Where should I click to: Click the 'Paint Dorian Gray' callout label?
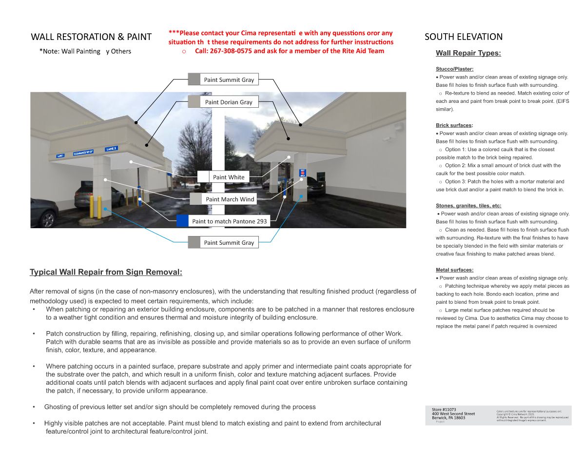(229, 102)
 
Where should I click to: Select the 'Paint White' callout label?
(229, 177)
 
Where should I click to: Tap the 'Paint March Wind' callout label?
(230, 199)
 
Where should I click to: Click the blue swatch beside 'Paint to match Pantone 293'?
(182, 221)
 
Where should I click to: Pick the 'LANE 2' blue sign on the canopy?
(111, 149)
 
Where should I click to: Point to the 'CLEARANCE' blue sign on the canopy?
(83, 153)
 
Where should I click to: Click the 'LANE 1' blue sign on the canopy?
(60, 156)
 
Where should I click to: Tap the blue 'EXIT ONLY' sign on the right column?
(302, 173)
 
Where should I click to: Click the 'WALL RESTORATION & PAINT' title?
(91, 37)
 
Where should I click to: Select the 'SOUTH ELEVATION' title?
(463, 37)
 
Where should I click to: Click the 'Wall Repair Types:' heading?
(468, 53)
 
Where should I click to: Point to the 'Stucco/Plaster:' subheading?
(454, 69)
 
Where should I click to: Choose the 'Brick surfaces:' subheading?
(454, 125)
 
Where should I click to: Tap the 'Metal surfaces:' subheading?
(454, 270)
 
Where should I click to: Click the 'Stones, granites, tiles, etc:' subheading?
(468, 206)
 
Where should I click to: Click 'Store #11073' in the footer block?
(444, 409)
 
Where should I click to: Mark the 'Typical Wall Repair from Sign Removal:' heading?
(106, 272)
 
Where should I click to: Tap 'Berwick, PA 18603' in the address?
(448, 418)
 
